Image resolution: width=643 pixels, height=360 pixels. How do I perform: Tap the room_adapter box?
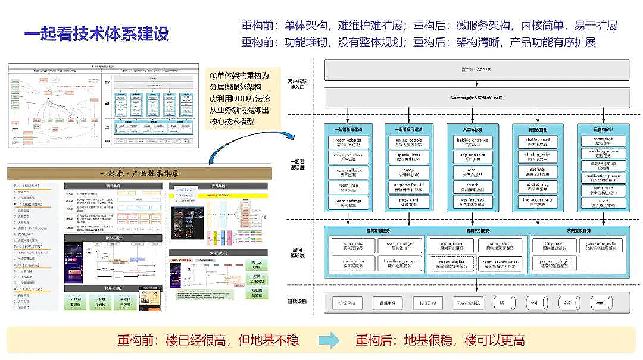click(348, 142)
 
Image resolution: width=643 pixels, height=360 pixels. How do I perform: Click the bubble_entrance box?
click(472, 142)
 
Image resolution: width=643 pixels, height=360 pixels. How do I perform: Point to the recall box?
click(472, 172)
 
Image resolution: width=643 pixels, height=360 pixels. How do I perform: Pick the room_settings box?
click(348, 202)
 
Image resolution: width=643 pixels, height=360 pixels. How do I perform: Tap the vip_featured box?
click(472, 202)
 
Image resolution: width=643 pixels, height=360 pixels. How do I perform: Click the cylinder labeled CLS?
click(566, 303)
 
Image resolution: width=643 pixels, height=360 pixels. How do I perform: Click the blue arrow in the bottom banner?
click(328, 340)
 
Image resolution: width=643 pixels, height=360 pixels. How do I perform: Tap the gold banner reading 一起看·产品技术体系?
click(139, 173)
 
